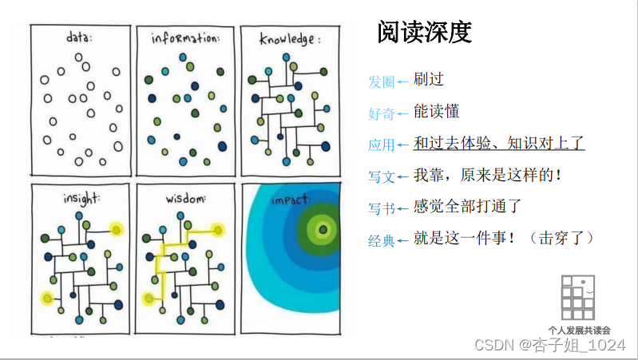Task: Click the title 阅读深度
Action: (x=424, y=32)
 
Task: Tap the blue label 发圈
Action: (x=381, y=81)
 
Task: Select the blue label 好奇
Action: (x=381, y=113)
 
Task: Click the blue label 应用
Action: (x=381, y=145)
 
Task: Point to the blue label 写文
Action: (x=381, y=177)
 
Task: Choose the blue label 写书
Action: (x=381, y=209)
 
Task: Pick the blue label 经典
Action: (x=381, y=241)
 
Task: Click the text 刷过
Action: (x=428, y=80)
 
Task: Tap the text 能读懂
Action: (x=436, y=112)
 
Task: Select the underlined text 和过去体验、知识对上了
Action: (x=499, y=144)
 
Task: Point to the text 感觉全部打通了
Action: (x=467, y=208)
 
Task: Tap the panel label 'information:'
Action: (x=184, y=38)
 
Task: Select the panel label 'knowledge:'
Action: (x=290, y=38)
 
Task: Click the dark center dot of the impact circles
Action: (x=323, y=230)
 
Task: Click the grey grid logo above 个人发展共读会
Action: (x=577, y=299)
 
